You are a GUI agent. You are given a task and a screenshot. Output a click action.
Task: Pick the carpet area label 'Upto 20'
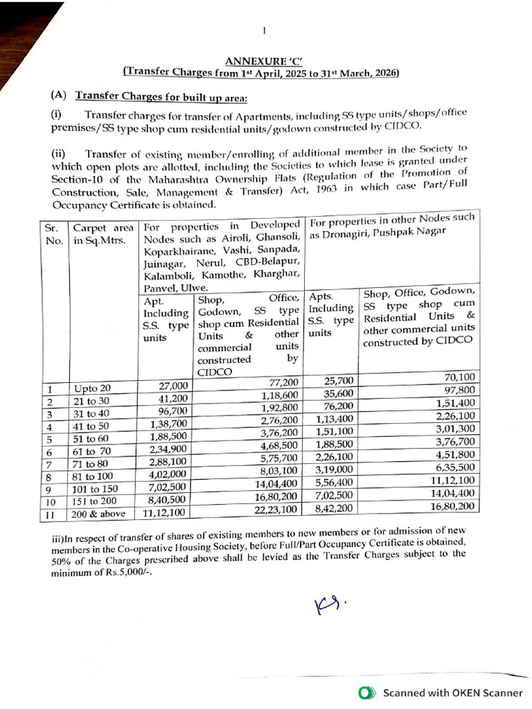tap(92, 388)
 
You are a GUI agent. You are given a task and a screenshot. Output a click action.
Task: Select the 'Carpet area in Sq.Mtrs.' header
tap(103, 234)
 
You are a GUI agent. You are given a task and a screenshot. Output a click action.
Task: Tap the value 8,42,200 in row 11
tap(335, 508)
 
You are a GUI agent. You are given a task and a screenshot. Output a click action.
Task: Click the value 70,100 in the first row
tap(456, 377)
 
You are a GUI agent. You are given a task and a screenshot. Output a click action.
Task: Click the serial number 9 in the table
tap(50, 490)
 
